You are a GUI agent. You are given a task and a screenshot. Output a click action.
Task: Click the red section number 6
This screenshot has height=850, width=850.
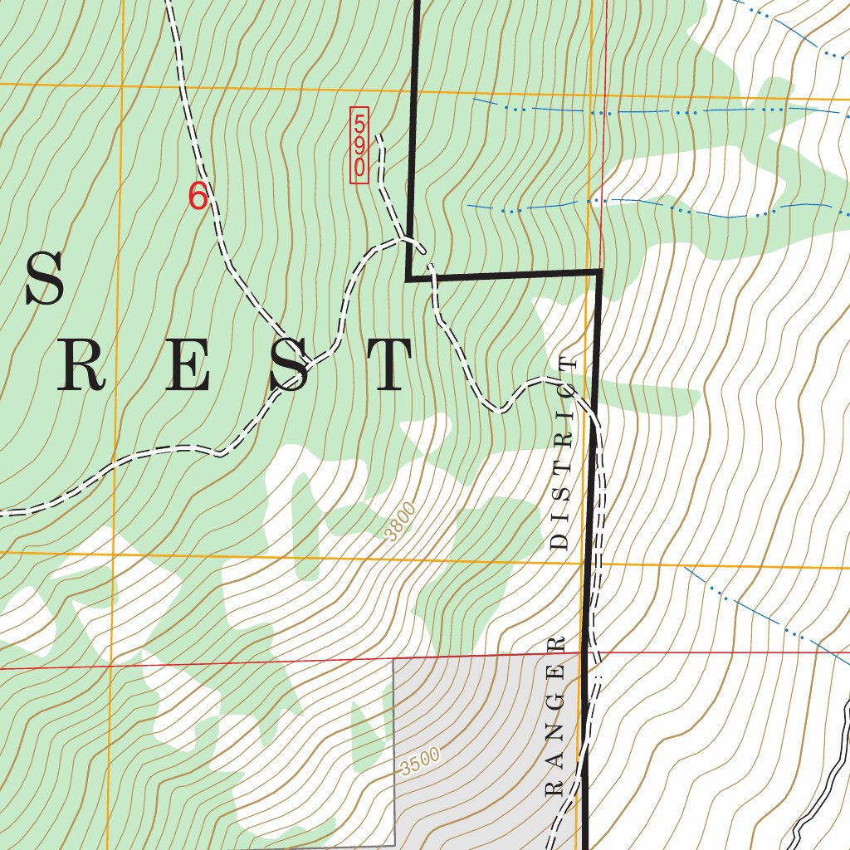[198, 197]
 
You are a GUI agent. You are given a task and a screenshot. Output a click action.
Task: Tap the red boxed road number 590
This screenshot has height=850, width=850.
[359, 145]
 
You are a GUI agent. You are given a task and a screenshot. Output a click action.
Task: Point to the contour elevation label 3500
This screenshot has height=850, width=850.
[418, 761]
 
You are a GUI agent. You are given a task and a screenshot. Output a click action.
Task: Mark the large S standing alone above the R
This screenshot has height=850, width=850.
[44, 280]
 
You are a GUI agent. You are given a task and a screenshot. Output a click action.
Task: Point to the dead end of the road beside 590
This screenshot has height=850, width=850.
[379, 135]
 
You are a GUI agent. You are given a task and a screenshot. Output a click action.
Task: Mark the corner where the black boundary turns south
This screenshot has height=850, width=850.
[598, 272]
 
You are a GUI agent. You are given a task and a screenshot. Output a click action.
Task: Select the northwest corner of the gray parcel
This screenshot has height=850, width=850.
[393, 662]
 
